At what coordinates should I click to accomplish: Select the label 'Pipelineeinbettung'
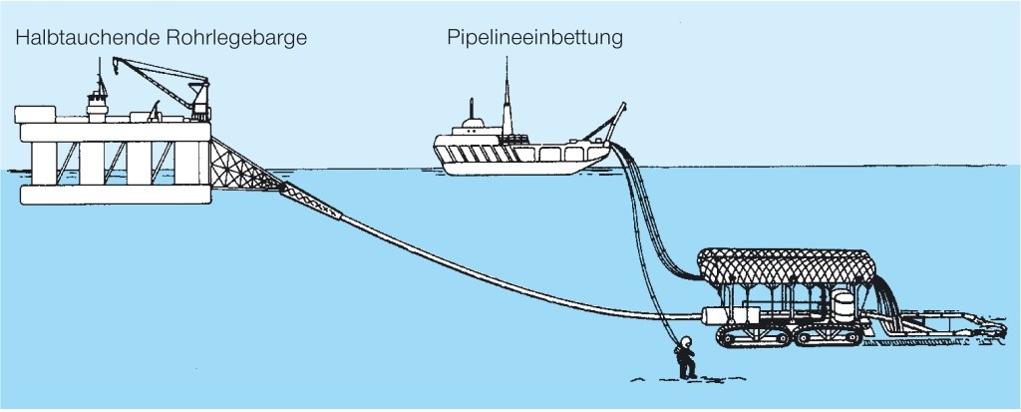pyautogui.click(x=534, y=39)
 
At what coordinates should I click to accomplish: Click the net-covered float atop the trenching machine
pyautogui.click(x=788, y=264)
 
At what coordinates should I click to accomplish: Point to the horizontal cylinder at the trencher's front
pyautogui.click(x=724, y=316)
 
